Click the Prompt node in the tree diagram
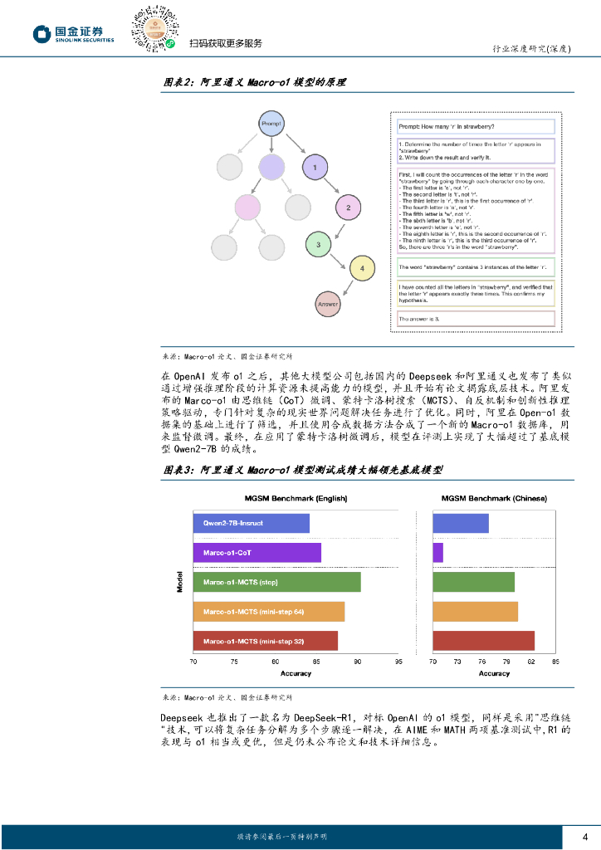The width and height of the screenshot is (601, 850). (x=271, y=124)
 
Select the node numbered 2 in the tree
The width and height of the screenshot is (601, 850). (x=349, y=208)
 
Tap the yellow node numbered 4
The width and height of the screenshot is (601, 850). (x=362, y=267)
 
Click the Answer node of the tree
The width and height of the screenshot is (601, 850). (x=329, y=304)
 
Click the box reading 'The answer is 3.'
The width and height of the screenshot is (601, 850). (x=475, y=318)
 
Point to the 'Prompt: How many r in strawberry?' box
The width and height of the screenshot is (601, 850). (x=475, y=126)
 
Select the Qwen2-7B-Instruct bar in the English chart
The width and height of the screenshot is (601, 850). (x=252, y=524)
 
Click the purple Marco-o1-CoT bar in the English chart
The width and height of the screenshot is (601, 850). (x=257, y=553)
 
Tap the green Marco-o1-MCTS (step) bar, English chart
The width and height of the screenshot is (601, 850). (x=277, y=582)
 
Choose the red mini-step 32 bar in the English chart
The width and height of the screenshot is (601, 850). (x=266, y=641)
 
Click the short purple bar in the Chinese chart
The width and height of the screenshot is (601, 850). (x=437, y=553)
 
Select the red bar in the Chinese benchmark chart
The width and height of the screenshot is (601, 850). (x=484, y=641)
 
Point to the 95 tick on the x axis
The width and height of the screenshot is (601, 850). (x=398, y=662)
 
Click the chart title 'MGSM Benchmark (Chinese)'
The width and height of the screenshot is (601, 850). (x=495, y=498)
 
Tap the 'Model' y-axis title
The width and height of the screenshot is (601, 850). (x=180, y=582)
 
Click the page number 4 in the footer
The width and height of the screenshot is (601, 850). (x=586, y=836)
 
